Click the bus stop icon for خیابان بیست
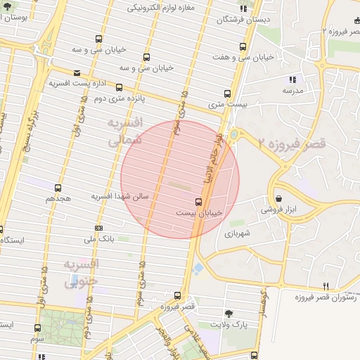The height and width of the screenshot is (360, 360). point(198,202)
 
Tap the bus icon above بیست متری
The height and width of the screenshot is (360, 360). point(226,93)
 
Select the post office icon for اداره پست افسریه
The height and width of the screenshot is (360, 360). point(76,72)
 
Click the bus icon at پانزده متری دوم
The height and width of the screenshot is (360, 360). point(119,88)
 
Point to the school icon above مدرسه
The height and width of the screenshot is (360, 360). point(292,79)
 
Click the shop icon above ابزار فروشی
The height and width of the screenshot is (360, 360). point(280,199)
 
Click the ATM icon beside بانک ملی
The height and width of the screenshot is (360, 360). point(98,229)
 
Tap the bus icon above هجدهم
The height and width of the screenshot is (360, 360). point(58,188)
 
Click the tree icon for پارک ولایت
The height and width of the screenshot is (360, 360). point(229,313)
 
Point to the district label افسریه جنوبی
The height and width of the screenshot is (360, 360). point(82,273)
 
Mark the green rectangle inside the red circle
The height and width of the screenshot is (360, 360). point(180,186)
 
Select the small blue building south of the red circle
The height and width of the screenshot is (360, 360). point(199,269)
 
